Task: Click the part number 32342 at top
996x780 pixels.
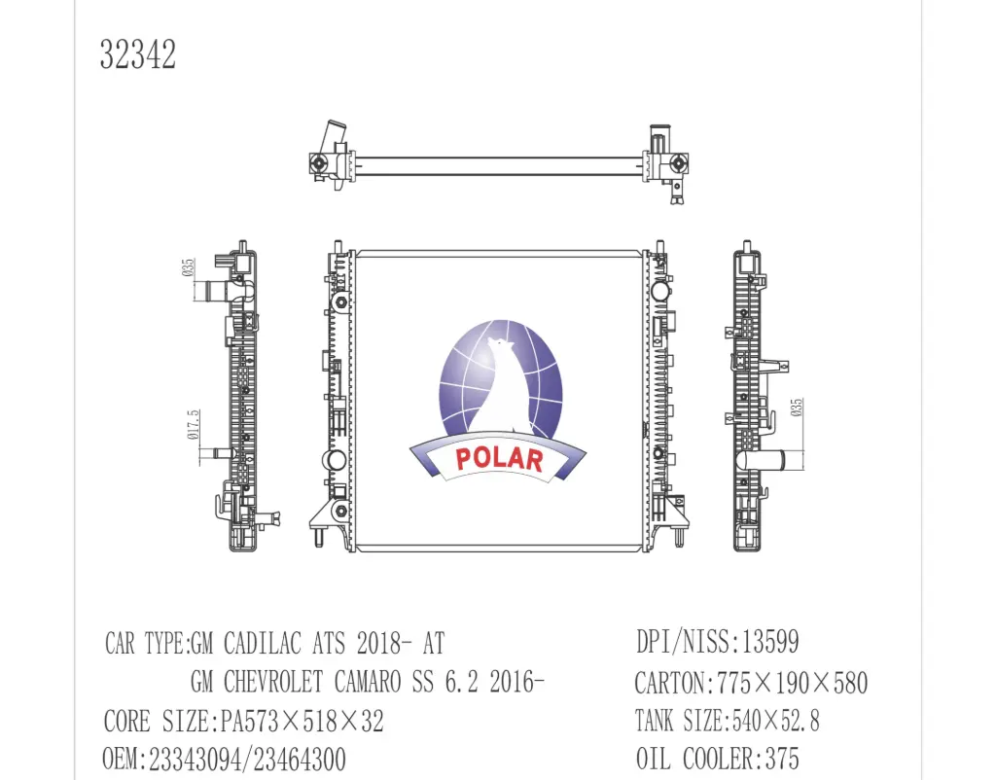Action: (137, 55)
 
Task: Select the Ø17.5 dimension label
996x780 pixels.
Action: (193, 425)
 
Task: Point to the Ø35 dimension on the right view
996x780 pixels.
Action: (797, 408)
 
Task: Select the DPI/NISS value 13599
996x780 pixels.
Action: (770, 643)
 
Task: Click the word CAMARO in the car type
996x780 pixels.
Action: (373, 683)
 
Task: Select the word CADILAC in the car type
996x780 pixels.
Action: (264, 644)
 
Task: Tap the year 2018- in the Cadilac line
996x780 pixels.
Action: (389, 644)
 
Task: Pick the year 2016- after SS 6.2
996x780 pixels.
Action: (502, 683)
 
